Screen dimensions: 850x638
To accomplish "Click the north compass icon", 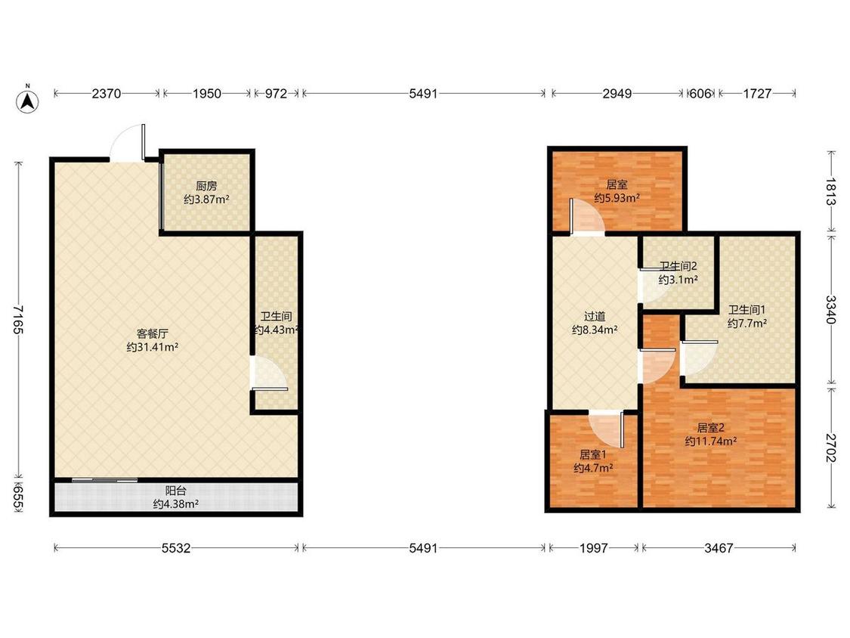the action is (x=27, y=101).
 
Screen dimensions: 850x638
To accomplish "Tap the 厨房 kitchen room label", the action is (x=206, y=185).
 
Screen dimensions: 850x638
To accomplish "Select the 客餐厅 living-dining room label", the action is (x=153, y=333).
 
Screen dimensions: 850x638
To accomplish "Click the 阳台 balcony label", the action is (x=175, y=491).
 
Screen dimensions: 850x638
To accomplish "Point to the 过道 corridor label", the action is (x=595, y=316).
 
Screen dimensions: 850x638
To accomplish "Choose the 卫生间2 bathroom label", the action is (x=678, y=266).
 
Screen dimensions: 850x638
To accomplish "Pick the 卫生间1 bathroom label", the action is (x=746, y=309).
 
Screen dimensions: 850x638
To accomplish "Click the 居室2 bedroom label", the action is (x=711, y=428).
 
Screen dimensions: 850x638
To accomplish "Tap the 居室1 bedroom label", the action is (x=593, y=454).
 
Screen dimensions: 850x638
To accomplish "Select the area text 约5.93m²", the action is (x=617, y=198).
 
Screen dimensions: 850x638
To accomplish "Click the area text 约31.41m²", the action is (x=153, y=347).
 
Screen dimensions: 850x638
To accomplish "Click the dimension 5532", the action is (x=176, y=548).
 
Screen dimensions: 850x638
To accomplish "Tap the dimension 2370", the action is (x=107, y=93).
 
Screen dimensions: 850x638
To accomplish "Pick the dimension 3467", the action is (x=719, y=548).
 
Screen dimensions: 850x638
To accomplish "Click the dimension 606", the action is (x=700, y=93).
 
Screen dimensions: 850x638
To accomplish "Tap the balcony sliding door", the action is (x=104, y=479).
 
